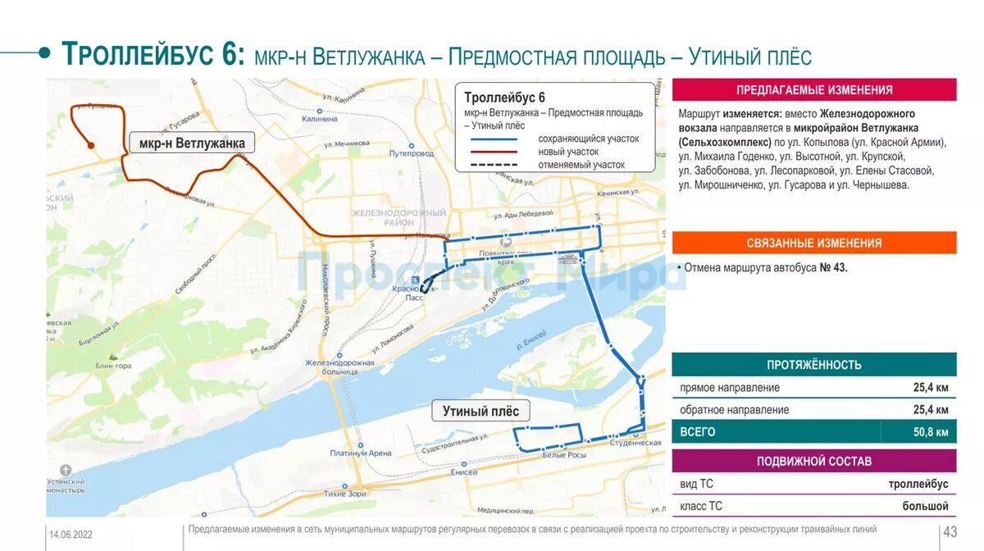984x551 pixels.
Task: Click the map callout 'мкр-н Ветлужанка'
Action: point(192,143)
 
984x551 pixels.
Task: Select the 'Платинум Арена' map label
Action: point(361,453)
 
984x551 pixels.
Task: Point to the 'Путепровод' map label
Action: point(412,153)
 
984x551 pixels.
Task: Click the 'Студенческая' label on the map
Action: point(635,443)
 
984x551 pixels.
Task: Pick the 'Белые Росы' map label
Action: point(563,455)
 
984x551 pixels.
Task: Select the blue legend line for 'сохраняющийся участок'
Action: point(494,139)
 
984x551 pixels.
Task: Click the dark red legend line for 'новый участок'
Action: point(494,152)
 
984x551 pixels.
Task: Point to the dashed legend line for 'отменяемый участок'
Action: point(494,165)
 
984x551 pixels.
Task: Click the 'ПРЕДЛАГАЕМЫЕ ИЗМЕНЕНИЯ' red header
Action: point(813,90)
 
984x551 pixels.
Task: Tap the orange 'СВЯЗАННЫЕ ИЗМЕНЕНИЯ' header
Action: point(813,243)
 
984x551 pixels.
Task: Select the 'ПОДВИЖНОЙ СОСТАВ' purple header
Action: point(813,461)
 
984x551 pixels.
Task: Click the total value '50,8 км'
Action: point(931,432)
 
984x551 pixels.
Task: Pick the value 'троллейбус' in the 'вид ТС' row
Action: point(918,485)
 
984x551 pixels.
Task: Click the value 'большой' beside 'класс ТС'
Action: point(925,506)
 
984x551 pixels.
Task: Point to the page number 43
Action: point(950,531)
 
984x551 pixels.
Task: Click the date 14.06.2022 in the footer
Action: point(71,535)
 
